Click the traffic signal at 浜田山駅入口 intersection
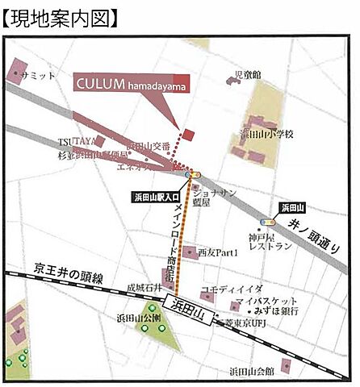(193, 173)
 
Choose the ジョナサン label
(220, 193)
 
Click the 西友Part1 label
(219, 253)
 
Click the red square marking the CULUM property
(189, 134)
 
